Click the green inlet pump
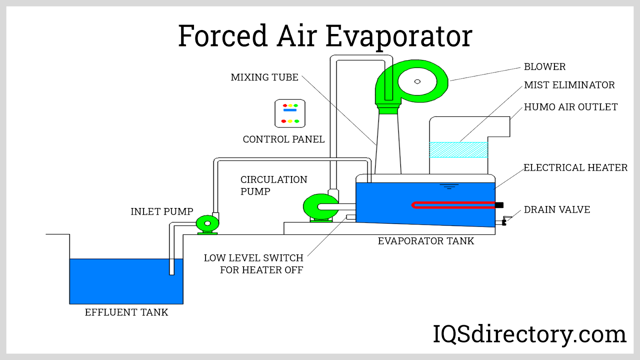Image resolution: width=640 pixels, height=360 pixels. pos(207,224)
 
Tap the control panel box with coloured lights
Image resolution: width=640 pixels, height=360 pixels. pos(290,114)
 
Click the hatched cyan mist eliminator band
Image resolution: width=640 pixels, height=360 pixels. pos(458,150)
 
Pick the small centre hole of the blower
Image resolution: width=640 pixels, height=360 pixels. pos(417,82)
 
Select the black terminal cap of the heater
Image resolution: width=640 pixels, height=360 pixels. pos(499,205)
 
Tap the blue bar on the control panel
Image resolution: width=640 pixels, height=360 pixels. pos(290,110)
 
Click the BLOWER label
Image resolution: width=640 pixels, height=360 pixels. pos(544,67)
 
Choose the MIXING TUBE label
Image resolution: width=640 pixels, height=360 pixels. pos(264,77)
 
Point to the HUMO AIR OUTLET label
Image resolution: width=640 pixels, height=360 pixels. pos(570,107)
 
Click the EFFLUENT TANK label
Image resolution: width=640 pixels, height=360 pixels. pos(126,312)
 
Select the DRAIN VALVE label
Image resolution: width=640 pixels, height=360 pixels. pos(557,210)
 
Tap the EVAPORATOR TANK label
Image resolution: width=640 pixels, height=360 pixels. pos(426,241)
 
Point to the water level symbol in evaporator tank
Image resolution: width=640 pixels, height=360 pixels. pos(449,186)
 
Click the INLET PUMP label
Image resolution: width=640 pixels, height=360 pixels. pos(162,212)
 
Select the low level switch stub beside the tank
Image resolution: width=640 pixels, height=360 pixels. pos(351,217)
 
